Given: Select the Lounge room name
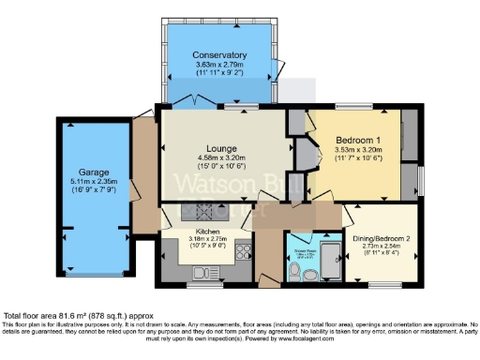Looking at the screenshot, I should click(x=221, y=148).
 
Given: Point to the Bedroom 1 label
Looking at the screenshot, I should click(x=357, y=141).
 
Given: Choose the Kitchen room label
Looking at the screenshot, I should click(x=207, y=231).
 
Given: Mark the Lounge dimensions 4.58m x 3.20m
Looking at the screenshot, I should click(x=221, y=157).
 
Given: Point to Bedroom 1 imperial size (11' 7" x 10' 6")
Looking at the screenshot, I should click(x=357, y=159).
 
